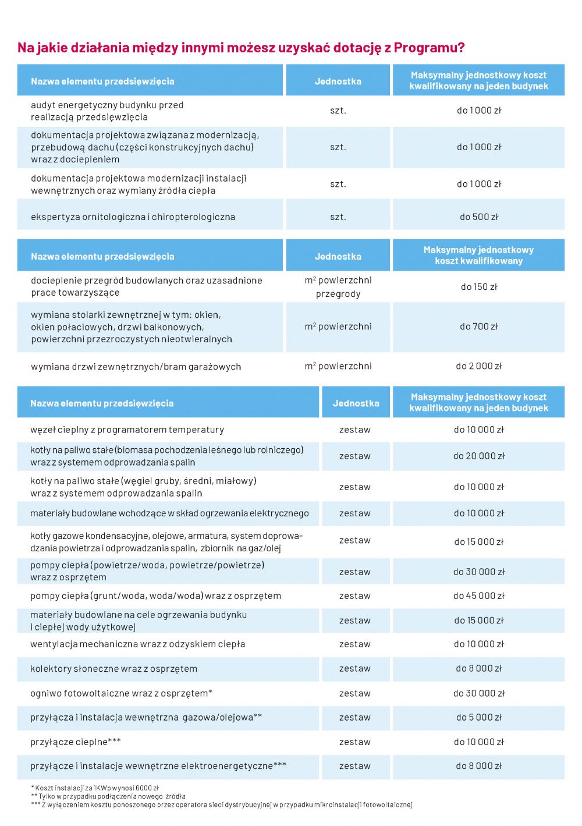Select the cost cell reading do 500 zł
pos(478,217)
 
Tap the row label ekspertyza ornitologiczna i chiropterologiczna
pos(133,217)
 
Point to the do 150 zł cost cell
pos(478,287)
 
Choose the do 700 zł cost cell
pos(478,327)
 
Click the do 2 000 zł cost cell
pos(478,366)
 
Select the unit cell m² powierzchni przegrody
pos(338,287)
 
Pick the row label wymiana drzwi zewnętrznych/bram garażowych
pos(136,367)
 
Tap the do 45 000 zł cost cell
pos(478,596)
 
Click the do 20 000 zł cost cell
pos(478,456)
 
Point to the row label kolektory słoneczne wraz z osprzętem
pos(113,669)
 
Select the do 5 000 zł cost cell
pos(478,718)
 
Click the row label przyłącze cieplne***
pos(76,742)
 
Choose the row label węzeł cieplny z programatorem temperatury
pos(127,430)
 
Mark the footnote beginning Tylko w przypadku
pos(108,796)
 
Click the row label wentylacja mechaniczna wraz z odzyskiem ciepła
pos(137,644)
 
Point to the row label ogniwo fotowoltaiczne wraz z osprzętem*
pos(121,693)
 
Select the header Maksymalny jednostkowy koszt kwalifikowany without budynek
pos(478,256)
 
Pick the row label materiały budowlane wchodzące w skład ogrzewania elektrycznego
pos(169,513)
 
